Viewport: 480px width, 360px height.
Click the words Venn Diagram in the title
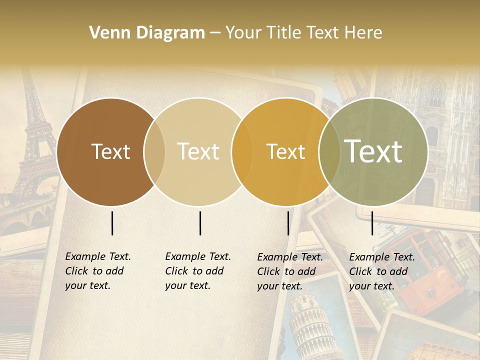(x=147, y=33)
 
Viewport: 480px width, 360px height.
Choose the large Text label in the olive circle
(x=373, y=151)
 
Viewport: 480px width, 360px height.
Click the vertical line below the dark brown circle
(x=112, y=223)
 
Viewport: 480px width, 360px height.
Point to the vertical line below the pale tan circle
(x=200, y=223)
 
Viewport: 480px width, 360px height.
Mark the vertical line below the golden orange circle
(x=288, y=223)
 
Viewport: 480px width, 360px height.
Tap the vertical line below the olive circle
(x=372, y=223)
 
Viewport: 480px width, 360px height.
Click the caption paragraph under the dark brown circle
(x=98, y=271)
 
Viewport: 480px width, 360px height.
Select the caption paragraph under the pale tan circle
(x=198, y=271)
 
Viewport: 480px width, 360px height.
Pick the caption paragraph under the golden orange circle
(x=290, y=271)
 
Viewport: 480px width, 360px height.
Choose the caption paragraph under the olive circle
(x=382, y=271)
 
